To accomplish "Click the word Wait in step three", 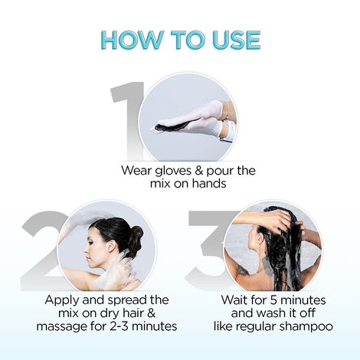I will [x=234, y=299].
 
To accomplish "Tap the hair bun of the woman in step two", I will [x=136, y=234].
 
